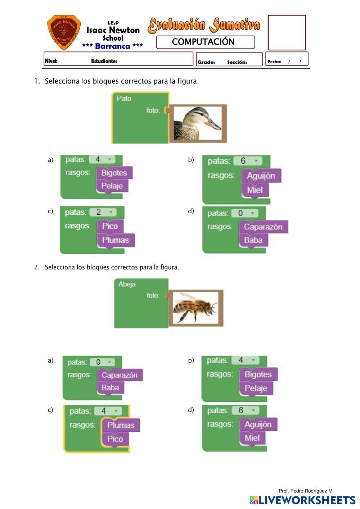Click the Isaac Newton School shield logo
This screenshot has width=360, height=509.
pos(64,32)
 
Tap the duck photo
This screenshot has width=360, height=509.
pos(197,123)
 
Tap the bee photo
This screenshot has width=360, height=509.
pos(195,308)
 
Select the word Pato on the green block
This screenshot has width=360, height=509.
pos(124,99)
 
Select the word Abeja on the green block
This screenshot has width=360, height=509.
pos(127,285)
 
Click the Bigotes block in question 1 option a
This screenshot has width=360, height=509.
pos(114,173)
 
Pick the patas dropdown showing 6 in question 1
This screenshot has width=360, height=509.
pos(247,161)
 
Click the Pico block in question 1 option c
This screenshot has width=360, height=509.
pos(110,226)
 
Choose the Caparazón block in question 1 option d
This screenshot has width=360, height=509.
pos(263,227)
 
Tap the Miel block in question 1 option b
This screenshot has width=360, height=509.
pos(255,190)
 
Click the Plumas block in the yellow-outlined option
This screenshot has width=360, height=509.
pos(121,425)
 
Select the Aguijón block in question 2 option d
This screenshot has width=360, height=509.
pos(258,424)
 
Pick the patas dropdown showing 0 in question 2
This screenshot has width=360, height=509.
pos(102,362)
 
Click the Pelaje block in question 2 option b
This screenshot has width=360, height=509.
pos(256,388)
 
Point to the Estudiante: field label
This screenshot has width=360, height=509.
pos(104,62)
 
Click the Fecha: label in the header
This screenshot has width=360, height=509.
pos(274,62)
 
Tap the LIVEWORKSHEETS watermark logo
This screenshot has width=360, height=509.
pos(302,500)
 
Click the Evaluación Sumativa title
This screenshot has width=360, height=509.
pos(204,25)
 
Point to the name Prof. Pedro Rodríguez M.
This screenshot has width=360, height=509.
pos(306,491)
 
